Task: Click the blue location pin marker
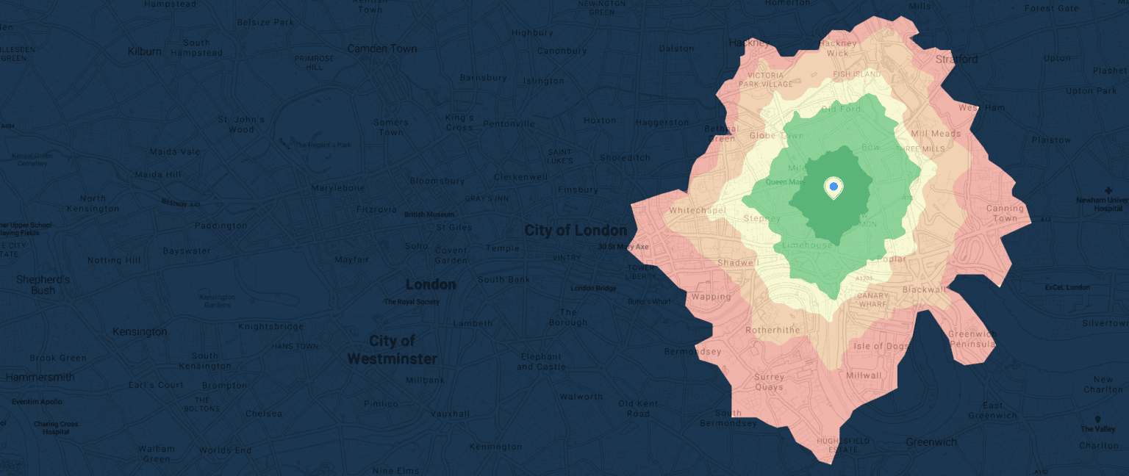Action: tap(834, 188)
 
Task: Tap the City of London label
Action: tap(576, 231)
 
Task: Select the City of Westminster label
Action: tap(392, 350)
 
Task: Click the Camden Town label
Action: tap(381, 48)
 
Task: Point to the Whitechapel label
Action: tap(698, 211)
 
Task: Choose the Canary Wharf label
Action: tap(873, 300)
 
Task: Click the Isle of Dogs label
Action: tap(881, 346)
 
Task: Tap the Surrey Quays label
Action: tap(769, 382)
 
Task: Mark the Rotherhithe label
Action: tap(773, 331)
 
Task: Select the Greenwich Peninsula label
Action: tap(972, 339)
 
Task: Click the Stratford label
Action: tap(956, 59)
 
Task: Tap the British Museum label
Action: tap(430, 214)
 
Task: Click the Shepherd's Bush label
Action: tap(43, 285)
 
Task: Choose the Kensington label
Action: tap(140, 332)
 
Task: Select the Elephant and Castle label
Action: tap(540, 361)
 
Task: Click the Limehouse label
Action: tap(807, 245)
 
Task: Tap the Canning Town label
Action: tap(1005, 213)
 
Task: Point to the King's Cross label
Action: tap(459, 123)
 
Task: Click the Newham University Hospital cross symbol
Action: tap(1108, 190)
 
